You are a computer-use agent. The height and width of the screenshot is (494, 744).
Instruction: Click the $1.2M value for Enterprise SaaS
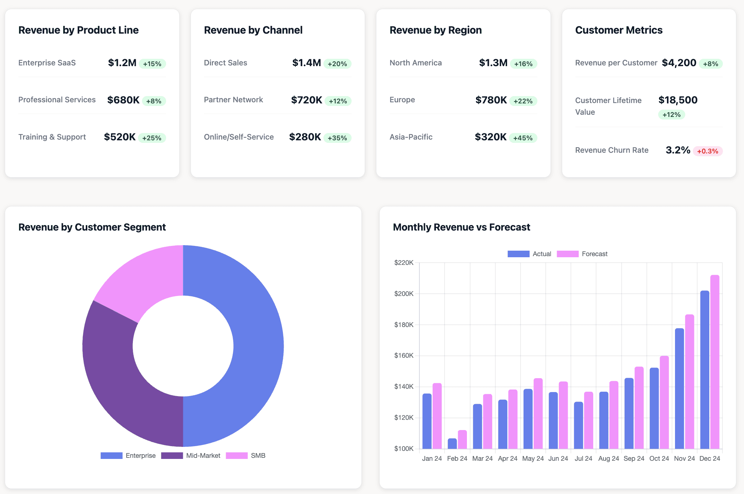click(x=122, y=63)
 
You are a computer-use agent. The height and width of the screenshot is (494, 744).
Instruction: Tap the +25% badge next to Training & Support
click(x=152, y=138)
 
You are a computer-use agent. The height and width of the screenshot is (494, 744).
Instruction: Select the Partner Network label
click(x=233, y=100)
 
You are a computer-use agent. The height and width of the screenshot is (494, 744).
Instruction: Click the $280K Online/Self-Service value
click(x=305, y=137)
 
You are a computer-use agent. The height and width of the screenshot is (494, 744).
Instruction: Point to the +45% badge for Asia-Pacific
click(x=523, y=138)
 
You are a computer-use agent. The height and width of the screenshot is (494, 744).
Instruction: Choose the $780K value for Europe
click(x=491, y=100)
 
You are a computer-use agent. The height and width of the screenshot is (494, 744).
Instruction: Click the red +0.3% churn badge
click(x=707, y=151)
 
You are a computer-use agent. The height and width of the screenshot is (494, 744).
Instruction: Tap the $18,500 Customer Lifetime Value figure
click(x=678, y=100)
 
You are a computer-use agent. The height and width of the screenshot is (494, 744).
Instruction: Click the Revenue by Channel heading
click(x=253, y=30)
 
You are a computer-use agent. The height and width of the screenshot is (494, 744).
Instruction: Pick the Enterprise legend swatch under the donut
click(x=111, y=456)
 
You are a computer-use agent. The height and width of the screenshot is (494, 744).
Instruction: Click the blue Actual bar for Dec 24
click(x=705, y=369)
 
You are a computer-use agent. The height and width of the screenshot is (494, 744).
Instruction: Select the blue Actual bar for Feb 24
click(x=452, y=443)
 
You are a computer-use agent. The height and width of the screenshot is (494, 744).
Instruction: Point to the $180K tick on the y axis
click(x=404, y=325)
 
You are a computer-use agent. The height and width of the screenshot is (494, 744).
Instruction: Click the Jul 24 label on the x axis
click(x=583, y=459)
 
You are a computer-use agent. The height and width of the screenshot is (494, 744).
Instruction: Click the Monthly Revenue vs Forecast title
click(x=461, y=227)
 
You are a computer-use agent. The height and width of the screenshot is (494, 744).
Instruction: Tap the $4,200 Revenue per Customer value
click(x=679, y=63)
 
